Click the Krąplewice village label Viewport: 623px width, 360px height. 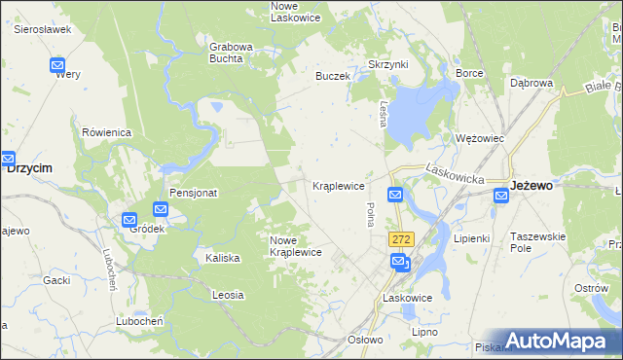pyautogui.click(x=338, y=185)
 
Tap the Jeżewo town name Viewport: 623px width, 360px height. pyautogui.click(x=531, y=185)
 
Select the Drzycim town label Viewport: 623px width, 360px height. pyautogui.click(x=29, y=167)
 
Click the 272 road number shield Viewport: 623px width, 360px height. pyautogui.click(x=400, y=239)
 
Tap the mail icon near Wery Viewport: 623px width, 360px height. pyautogui.click(x=57, y=66)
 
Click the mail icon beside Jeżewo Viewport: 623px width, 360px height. pyautogui.click(x=500, y=197)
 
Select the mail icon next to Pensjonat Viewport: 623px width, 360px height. pyautogui.click(x=161, y=209)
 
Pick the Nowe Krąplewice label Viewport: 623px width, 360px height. pyautogui.click(x=296, y=246)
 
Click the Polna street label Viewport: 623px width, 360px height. pyautogui.click(x=370, y=214)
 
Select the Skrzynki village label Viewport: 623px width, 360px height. pyautogui.click(x=387, y=63)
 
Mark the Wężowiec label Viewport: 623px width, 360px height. pyautogui.click(x=480, y=138)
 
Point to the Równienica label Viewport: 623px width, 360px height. pyautogui.click(x=107, y=132)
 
